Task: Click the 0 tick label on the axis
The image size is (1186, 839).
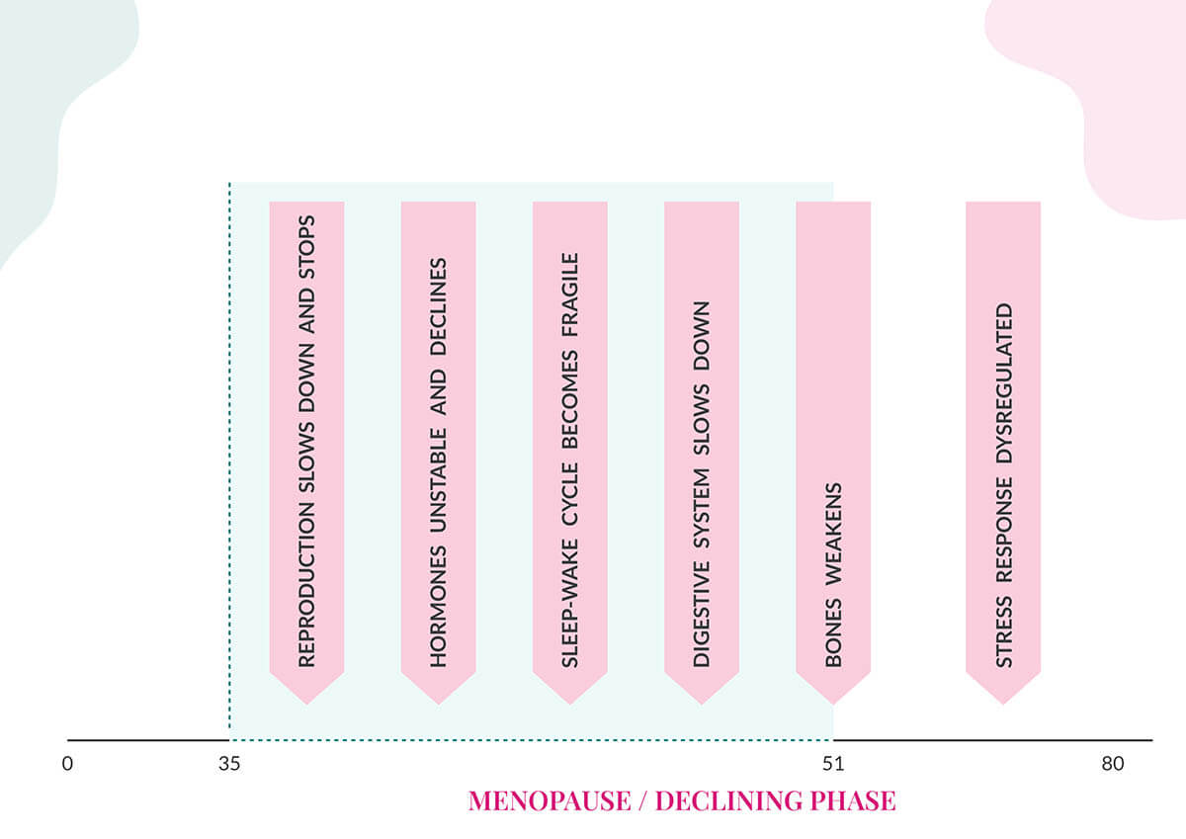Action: pyautogui.click(x=67, y=764)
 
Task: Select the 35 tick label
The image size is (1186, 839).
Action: pyautogui.click(x=229, y=764)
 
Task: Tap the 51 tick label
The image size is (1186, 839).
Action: pyautogui.click(x=833, y=764)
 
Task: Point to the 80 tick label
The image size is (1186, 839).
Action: pyautogui.click(x=1113, y=764)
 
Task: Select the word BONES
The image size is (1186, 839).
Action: pyautogui.click(x=833, y=631)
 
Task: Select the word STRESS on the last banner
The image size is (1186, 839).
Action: pyautogui.click(x=1004, y=632)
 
